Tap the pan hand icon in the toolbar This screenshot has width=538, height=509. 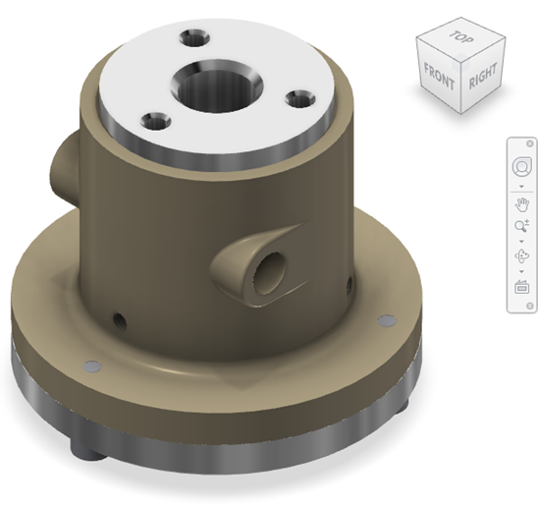(521, 204)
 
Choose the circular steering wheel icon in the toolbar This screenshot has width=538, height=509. (521, 167)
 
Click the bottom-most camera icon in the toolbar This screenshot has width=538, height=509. (521, 288)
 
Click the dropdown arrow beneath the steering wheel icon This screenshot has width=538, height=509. (521, 186)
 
